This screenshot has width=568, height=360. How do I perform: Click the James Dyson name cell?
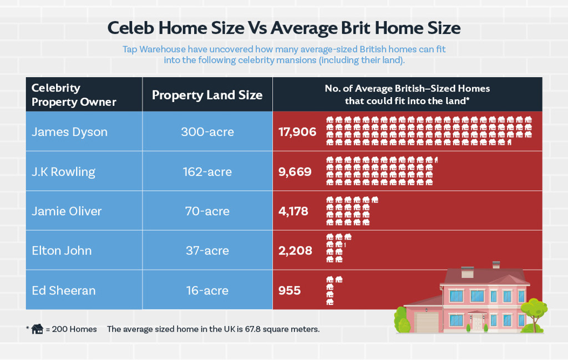(69, 132)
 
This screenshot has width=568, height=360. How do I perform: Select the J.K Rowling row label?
(63, 172)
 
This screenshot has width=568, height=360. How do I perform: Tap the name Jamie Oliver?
(67, 211)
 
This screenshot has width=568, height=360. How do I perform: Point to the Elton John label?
(62, 251)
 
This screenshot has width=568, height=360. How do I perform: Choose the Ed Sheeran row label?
(63, 291)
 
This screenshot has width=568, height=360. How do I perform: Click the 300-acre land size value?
(207, 132)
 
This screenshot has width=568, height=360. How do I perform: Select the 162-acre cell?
(207, 172)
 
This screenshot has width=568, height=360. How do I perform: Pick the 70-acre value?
(207, 211)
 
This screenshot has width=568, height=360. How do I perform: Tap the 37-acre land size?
(207, 251)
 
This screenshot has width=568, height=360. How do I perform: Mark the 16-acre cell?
(207, 291)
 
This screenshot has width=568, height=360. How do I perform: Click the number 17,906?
(297, 132)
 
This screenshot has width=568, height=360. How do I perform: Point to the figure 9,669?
(295, 172)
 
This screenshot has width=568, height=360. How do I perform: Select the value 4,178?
(293, 211)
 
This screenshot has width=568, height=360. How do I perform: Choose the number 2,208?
(295, 251)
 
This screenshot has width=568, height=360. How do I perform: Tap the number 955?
(290, 291)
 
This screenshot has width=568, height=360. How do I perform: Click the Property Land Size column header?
(207, 95)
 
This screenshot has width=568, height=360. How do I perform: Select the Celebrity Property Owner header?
(74, 95)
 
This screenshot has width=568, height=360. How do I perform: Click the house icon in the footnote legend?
(37, 329)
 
